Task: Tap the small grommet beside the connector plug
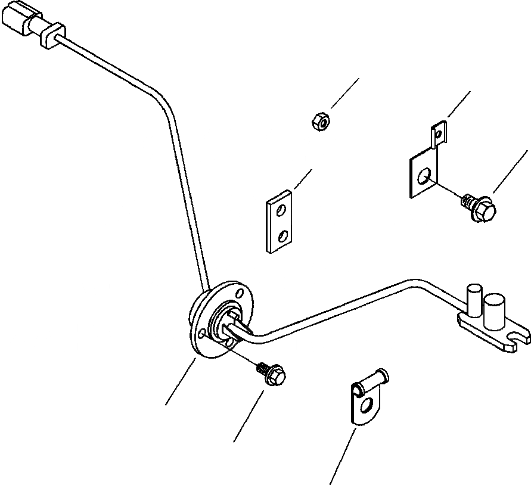click(52, 35)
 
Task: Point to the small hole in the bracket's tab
click(439, 135)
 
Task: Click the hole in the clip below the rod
click(371, 408)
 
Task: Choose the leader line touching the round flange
click(181, 382)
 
